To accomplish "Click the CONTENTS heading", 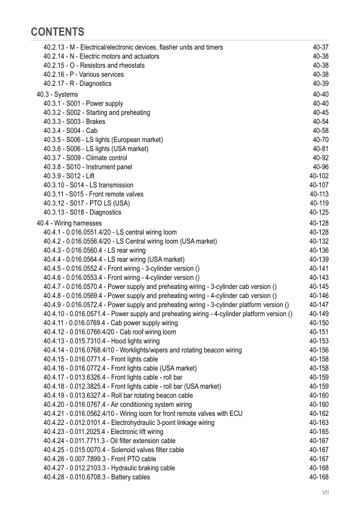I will pos(57,31).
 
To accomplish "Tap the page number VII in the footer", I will pos(324,493).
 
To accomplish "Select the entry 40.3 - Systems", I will pos(57,94).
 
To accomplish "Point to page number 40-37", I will pos(320,47).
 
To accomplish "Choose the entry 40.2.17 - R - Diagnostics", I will pos(77,83).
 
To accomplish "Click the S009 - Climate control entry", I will pos(85,158).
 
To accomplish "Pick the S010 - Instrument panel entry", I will pos(88,167).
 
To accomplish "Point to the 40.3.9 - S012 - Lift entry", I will pos(69,176).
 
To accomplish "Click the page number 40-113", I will pos(319,194).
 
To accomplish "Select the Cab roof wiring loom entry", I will pos(110,332).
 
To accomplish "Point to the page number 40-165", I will pos(319,432).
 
